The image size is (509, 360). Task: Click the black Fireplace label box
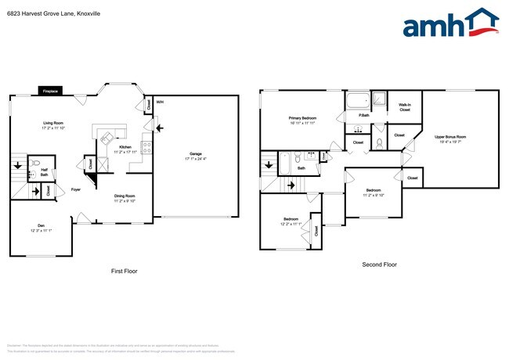[x=50, y=91]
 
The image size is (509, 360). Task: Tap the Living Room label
[x=54, y=124]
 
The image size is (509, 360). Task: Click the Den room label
[x=41, y=225]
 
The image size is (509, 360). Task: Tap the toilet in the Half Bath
[x=33, y=166]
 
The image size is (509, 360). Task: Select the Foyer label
[x=76, y=189]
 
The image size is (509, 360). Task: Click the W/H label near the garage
[x=159, y=102]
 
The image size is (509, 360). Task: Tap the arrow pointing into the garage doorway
[x=160, y=128]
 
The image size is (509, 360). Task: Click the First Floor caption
[x=124, y=271]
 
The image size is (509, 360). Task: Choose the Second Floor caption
[x=379, y=265]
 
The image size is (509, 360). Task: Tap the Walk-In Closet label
[x=405, y=107]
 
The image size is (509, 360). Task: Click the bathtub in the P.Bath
[x=357, y=100]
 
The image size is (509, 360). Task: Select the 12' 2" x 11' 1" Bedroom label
[x=291, y=221]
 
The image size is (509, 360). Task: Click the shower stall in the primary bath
[x=379, y=99]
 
